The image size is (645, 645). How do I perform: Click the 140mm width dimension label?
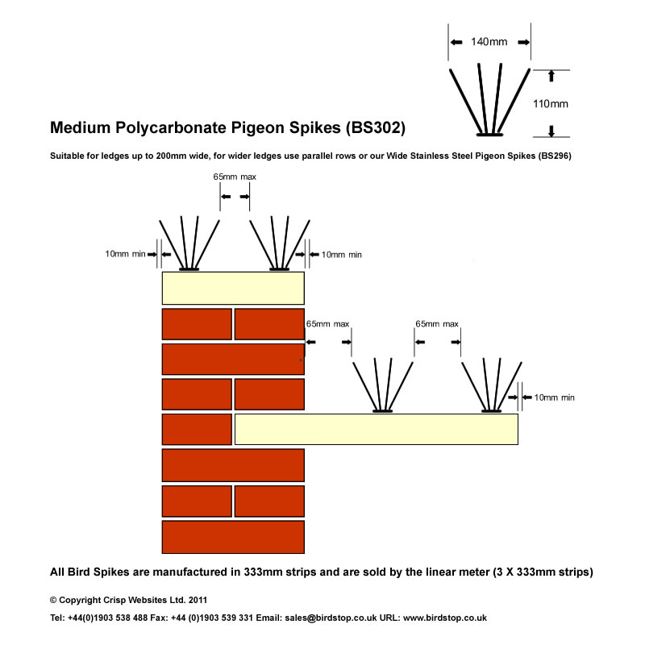pos(489,42)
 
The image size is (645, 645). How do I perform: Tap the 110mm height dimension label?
pos(551,103)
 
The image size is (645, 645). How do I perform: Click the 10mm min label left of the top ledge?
pos(125,254)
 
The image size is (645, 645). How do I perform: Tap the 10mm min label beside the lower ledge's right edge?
pos(554,397)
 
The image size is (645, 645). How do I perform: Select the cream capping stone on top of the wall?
pos(233,288)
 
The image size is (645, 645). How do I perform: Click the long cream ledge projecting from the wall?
pos(376,429)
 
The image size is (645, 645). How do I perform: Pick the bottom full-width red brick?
pos(233,536)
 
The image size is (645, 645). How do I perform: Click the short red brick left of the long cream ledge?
pos(197,429)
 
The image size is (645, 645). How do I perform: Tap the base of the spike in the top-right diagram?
pos(489,134)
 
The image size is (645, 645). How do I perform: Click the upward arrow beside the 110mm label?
pos(551,75)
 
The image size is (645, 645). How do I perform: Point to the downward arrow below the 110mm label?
pos(551,131)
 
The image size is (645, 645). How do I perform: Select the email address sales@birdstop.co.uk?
pos(328,618)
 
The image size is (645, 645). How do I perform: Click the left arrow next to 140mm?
pos(456,42)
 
